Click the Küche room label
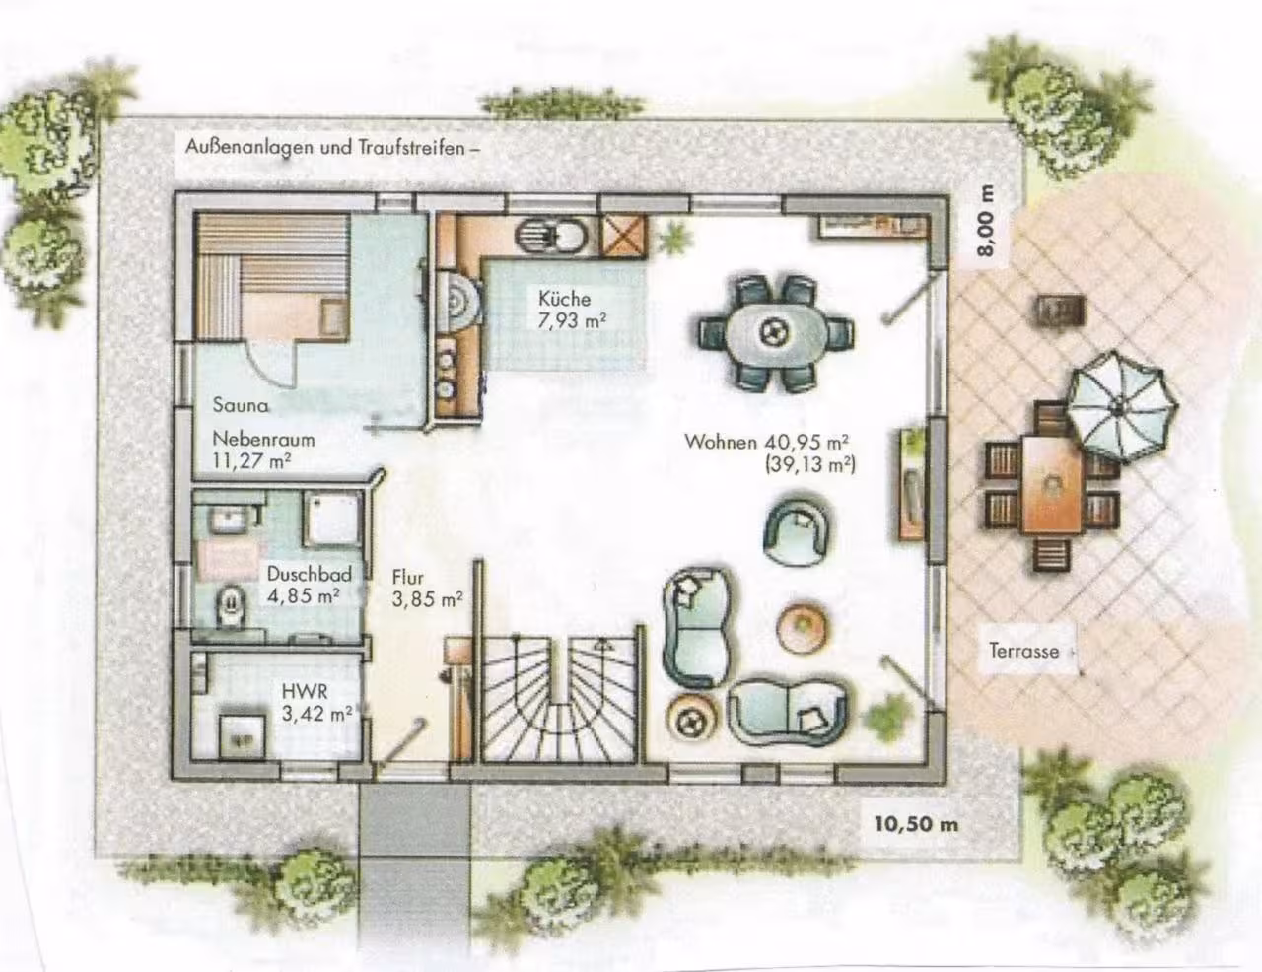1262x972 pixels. pyautogui.click(x=564, y=299)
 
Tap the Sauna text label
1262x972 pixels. pyautogui.click(x=241, y=405)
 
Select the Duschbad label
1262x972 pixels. pyautogui.click(x=309, y=575)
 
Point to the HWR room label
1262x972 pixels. pyautogui.click(x=305, y=692)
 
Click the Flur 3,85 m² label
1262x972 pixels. pyautogui.click(x=427, y=589)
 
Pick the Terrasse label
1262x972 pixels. pyautogui.click(x=1023, y=651)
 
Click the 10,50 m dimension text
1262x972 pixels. pyautogui.click(x=916, y=824)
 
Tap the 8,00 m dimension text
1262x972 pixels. pyautogui.click(x=987, y=220)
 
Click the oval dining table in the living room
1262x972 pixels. pyautogui.click(x=776, y=333)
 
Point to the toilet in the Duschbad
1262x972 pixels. pyautogui.click(x=231, y=605)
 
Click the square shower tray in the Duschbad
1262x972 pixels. pyautogui.click(x=333, y=521)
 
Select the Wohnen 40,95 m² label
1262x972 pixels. pyautogui.click(x=767, y=442)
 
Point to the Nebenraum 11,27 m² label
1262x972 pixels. pyautogui.click(x=263, y=450)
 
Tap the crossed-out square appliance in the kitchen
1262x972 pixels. pyautogui.click(x=622, y=237)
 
